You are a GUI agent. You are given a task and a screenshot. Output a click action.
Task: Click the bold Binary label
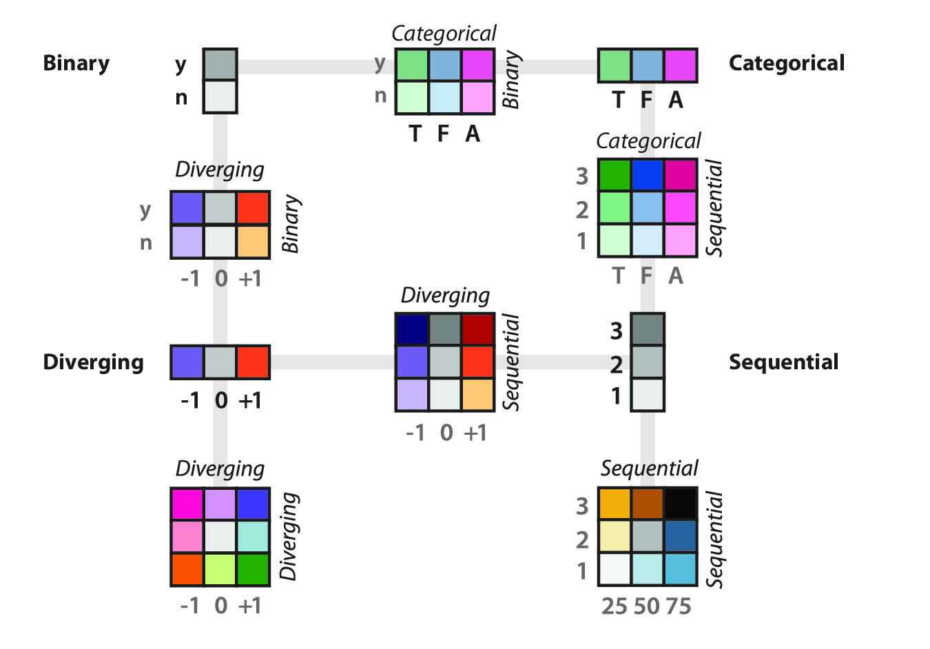(76, 63)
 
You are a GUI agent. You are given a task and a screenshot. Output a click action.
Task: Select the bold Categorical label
(786, 63)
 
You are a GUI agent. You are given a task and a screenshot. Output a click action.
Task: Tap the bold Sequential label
(783, 362)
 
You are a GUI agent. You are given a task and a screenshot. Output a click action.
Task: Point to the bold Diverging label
(93, 362)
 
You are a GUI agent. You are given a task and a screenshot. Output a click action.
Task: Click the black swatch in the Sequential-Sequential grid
(681, 504)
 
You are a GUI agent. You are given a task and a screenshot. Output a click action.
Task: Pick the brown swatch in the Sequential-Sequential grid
(648, 504)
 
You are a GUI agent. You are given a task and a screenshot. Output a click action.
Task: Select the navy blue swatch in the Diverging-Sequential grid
(412, 329)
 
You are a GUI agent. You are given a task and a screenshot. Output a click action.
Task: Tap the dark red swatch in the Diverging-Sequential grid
(478, 329)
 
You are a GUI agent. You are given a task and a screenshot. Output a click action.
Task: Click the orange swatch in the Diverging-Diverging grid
(187, 569)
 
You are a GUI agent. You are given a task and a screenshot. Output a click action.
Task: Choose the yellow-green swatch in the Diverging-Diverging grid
(220, 569)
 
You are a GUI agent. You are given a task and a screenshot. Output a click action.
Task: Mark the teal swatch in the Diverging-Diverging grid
(253, 537)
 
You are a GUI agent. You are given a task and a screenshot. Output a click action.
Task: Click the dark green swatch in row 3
(615, 175)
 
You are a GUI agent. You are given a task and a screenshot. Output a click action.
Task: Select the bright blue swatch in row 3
(648, 175)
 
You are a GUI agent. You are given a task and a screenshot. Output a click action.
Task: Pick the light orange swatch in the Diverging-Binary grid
(253, 241)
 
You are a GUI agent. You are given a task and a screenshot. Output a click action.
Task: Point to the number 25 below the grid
(614, 606)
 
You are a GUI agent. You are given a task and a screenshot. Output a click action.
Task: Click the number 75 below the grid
(678, 606)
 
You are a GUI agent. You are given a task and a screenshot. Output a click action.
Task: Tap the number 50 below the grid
(647, 606)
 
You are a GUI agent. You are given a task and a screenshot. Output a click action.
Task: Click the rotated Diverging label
(289, 537)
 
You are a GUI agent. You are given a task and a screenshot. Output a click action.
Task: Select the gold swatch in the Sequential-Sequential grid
(615, 504)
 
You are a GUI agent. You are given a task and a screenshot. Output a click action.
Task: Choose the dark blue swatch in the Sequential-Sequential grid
(681, 537)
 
